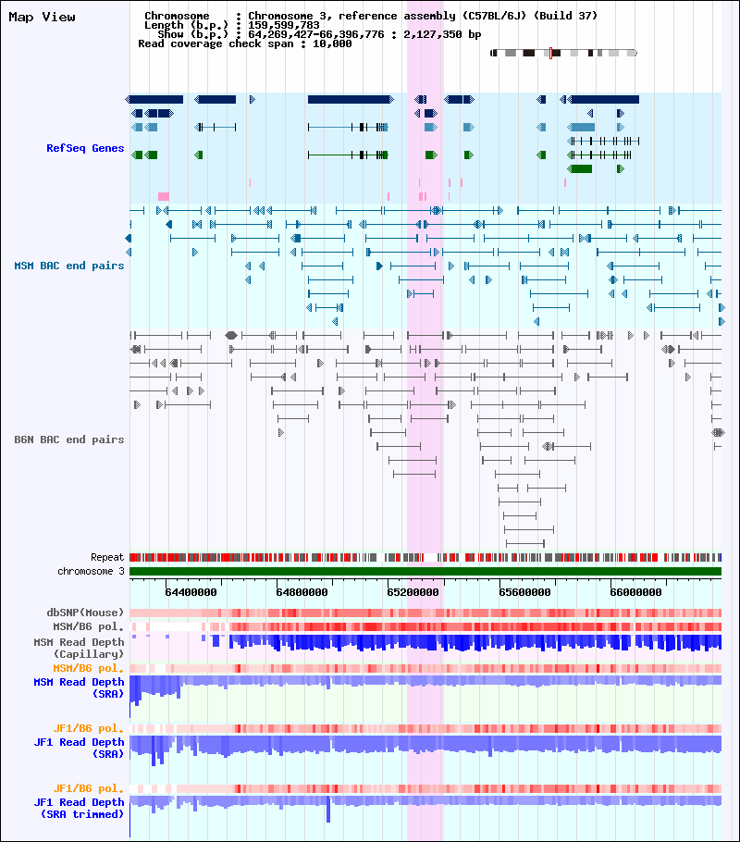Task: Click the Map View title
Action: coord(42,18)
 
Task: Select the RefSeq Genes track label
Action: coord(85,148)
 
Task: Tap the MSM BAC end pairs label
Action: coord(68,266)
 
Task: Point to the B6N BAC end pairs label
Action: coord(68,440)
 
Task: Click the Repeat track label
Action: coord(107,557)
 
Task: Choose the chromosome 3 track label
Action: coord(91,572)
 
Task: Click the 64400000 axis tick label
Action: coord(191,592)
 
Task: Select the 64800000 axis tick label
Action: coord(302,592)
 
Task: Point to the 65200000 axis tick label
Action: coord(413,592)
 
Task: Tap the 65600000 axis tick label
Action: coord(524,592)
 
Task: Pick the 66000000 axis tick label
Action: coord(635,592)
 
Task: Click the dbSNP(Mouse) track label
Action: coord(85,613)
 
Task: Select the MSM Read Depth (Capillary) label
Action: coord(79,648)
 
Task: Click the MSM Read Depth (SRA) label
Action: coord(79,687)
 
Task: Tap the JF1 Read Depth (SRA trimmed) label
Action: coord(79,808)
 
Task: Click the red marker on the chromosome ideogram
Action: coord(550,53)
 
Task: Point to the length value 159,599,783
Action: coord(284,25)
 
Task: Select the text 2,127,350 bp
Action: coord(442,34)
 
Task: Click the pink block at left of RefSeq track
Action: coord(163,196)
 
